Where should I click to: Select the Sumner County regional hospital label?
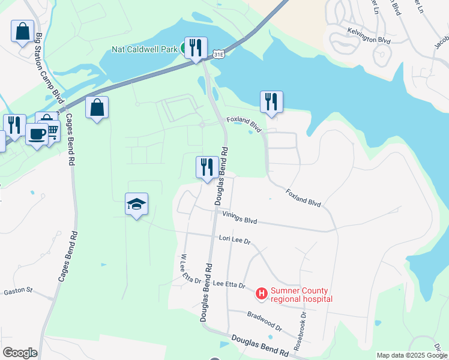point(301,295)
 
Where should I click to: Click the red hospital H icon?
point(262,294)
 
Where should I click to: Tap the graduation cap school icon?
point(136,205)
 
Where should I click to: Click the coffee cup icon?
point(37,133)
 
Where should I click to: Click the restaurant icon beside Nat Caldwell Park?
point(196,48)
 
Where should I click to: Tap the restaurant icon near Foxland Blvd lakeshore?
point(271,102)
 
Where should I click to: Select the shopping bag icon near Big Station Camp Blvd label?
point(22,31)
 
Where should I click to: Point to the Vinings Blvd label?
point(240,218)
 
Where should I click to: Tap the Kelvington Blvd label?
point(369,35)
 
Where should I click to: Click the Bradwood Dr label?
point(264,320)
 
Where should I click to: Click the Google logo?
point(20,352)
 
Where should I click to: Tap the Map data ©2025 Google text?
point(412,355)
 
